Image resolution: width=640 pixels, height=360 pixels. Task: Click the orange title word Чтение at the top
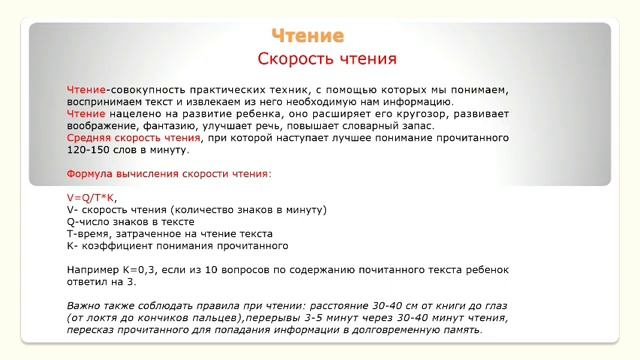point(307,37)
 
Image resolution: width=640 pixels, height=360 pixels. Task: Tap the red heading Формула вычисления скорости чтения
point(168,174)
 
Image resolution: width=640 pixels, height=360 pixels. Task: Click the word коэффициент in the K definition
point(111,246)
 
